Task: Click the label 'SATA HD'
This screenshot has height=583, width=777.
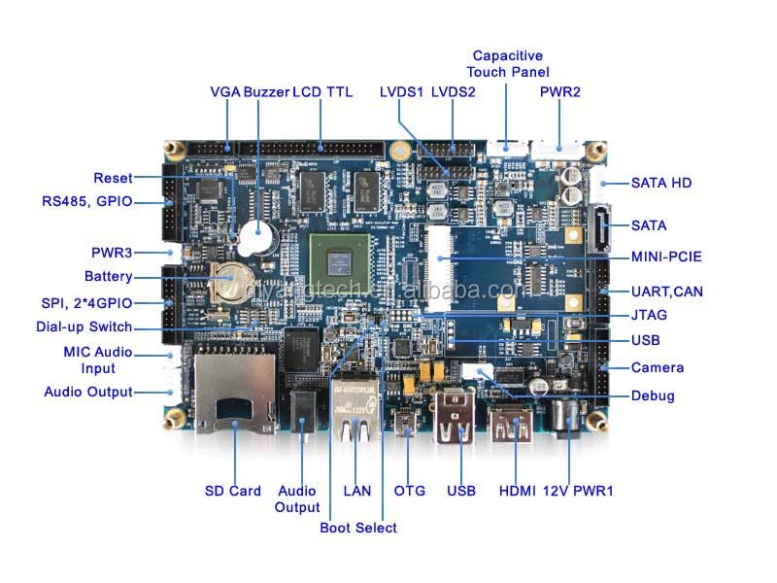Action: (x=661, y=183)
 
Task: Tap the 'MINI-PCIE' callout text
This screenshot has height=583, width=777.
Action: (x=666, y=257)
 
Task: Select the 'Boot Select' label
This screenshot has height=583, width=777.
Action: (x=358, y=528)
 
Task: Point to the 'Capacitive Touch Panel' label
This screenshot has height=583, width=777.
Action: (x=507, y=64)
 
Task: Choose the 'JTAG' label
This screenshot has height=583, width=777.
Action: (x=649, y=315)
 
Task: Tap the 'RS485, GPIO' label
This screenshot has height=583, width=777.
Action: (x=86, y=202)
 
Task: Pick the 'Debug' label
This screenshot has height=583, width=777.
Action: (x=653, y=395)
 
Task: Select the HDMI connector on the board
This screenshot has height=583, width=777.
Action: (x=513, y=426)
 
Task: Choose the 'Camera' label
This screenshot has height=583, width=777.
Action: (x=658, y=367)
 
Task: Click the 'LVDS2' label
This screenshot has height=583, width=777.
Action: (x=454, y=91)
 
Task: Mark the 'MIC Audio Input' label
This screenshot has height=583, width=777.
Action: (x=98, y=360)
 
